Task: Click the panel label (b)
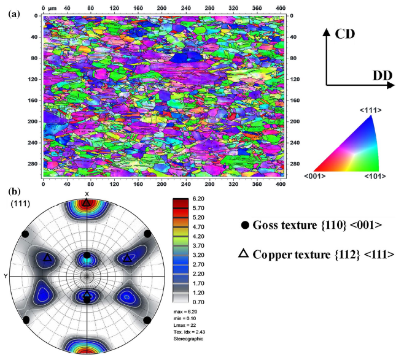tap(14, 190)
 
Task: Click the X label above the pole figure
tap(87, 194)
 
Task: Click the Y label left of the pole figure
tap(6, 276)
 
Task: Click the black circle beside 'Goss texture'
tap(245, 225)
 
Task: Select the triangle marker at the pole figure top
tap(87, 202)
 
